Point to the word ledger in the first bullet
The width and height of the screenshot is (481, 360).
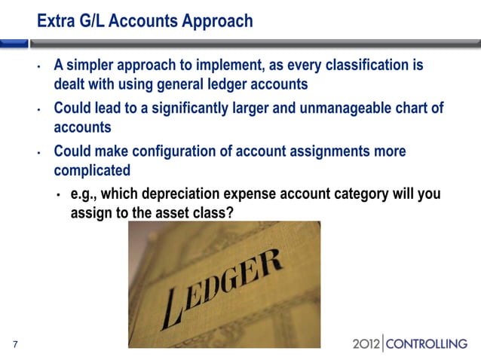click(227, 84)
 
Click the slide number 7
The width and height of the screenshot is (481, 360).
click(15, 345)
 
